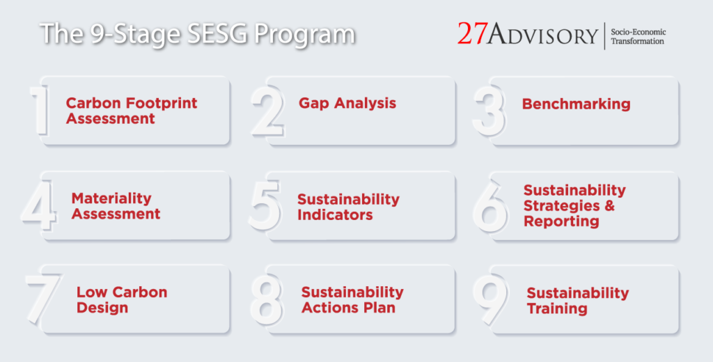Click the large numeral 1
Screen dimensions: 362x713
click(40, 111)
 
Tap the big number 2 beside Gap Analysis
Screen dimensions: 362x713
click(267, 111)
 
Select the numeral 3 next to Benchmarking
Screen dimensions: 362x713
click(489, 111)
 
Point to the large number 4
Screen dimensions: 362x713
click(38, 207)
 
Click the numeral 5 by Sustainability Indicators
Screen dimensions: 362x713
click(265, 207)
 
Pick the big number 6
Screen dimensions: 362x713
click(490, 207)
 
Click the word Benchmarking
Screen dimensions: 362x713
click(576, 104)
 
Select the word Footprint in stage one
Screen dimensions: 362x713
click(162, 103)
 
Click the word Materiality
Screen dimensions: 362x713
click(111, 198)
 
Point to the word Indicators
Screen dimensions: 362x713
click(335, 215)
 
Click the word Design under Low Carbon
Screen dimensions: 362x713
click(102, 308)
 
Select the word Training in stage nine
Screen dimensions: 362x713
click(557, 308)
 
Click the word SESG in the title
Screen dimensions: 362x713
click(212, 34)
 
